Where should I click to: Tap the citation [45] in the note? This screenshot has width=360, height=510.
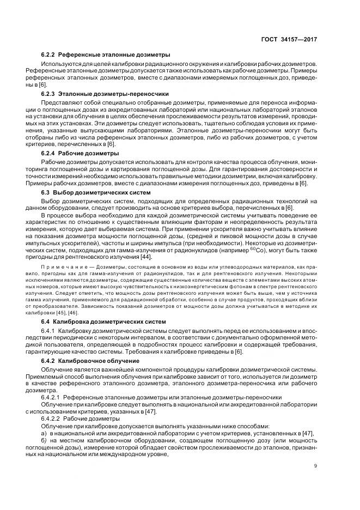72,312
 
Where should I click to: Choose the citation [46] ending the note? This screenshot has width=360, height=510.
84,312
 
